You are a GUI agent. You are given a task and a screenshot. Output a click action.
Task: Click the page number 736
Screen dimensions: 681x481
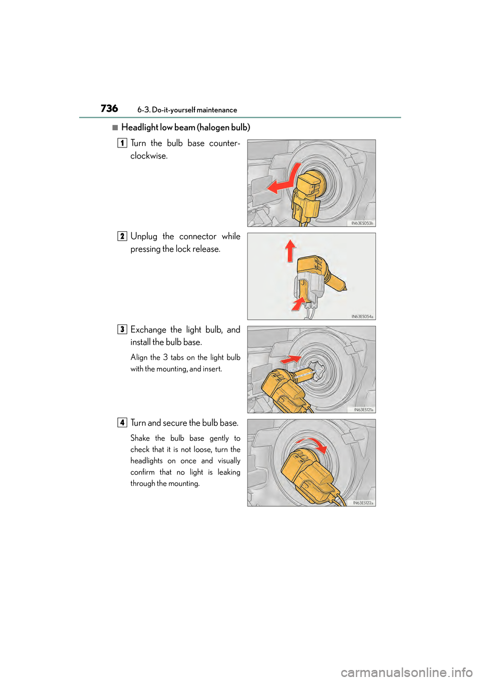coord(109,108)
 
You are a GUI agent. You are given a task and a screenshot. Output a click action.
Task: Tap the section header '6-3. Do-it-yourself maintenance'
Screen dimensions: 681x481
coord(187,110)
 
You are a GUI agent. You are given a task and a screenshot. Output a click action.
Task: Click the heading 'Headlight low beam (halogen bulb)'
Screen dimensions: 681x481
coord(185,127)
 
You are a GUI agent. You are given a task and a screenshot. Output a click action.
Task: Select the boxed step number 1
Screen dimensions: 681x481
coord(122,143)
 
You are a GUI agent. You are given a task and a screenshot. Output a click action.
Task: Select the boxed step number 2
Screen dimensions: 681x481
coord(122,236)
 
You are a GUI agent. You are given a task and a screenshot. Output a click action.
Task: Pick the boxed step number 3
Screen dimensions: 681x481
coord(122,329)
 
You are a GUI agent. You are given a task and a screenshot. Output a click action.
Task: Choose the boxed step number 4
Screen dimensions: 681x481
coord(122,423)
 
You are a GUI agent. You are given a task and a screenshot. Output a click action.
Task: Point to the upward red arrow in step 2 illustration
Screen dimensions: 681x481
coord(290,250)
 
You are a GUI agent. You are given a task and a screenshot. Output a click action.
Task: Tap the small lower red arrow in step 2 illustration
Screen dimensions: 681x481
coord(299,303)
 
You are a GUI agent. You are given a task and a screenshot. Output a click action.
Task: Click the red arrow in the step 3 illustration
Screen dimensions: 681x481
coord(291,359)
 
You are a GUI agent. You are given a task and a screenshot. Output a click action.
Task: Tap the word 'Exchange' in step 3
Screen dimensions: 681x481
coord(148,329)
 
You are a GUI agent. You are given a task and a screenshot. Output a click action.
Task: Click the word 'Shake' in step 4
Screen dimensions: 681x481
coord(140,438)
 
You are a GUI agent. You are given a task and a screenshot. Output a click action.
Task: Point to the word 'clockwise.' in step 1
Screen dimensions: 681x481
coord(149,156)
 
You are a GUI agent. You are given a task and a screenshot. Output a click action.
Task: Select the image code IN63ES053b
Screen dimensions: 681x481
coord(362,223)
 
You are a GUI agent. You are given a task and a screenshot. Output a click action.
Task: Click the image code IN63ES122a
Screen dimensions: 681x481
coord(363,503)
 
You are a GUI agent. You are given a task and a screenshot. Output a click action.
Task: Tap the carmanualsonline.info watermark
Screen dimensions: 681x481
coord(406,672)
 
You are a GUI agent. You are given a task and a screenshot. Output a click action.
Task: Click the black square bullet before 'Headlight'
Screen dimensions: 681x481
coord(115,127)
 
